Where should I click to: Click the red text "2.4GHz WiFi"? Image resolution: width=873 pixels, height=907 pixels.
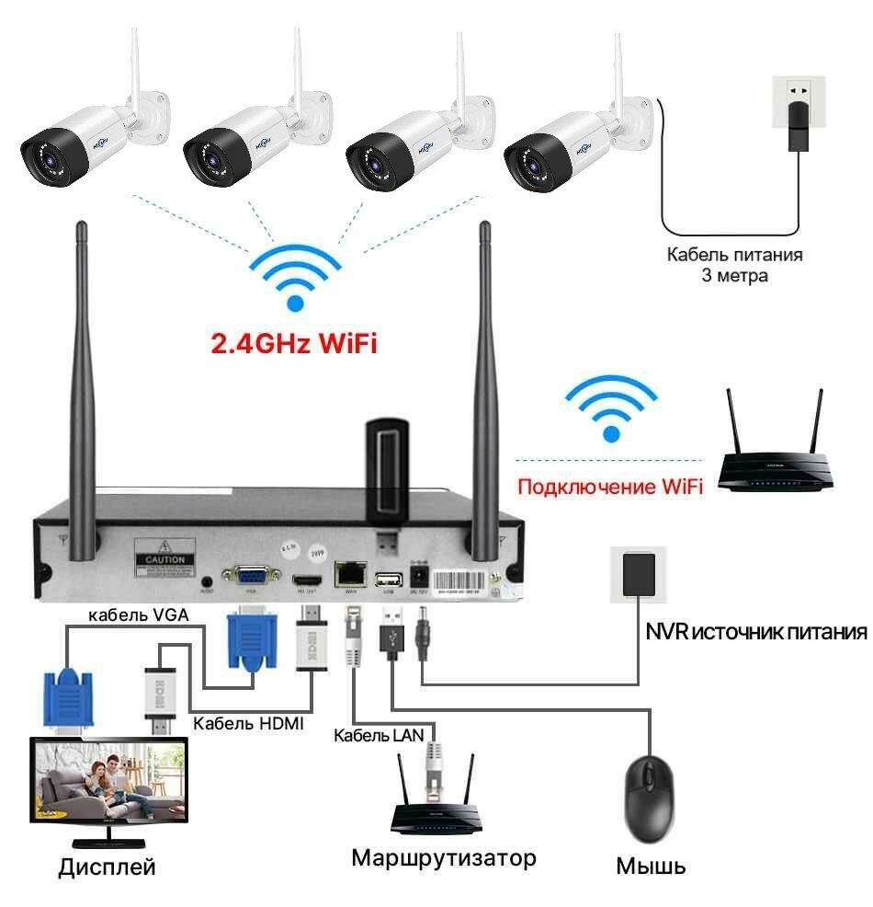[294, 345]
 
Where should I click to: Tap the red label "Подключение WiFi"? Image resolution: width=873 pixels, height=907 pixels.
[609, 486]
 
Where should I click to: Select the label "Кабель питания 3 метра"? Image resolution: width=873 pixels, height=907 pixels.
[734, 264]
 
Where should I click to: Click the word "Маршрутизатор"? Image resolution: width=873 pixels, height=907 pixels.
[443, 858]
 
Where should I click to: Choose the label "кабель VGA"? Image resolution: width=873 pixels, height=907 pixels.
[139, 615]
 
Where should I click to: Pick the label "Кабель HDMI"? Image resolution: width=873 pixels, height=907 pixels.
[248, 723]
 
